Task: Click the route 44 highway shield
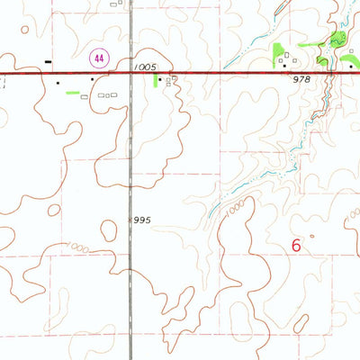(x=94, y=58)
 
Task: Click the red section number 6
(x=298, y=243)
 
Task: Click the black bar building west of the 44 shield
(x=47, y=61)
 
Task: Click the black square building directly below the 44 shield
(x=94, y=80)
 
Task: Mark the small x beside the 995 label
(x=130, y=187)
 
